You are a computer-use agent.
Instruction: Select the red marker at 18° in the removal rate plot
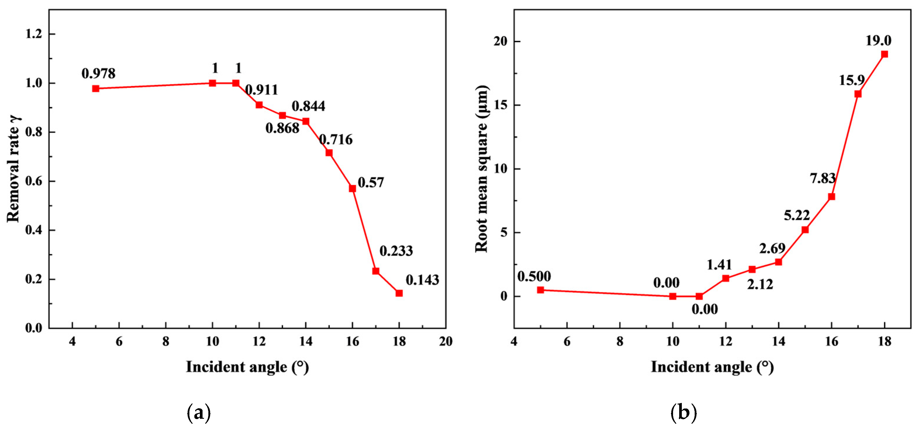coord(399,293)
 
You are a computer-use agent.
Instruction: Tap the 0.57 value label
coord(371,182)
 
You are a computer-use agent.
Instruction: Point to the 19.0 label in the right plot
coord(878,41)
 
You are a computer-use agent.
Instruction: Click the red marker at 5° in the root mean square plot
coord(540,290)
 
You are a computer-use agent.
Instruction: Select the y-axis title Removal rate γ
coord(13,169)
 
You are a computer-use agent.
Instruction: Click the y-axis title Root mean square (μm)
coord(481,169)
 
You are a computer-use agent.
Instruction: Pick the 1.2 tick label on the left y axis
coord(34,34)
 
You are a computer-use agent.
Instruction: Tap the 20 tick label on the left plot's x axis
coord(446,342)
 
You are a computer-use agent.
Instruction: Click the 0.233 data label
coord(396,251)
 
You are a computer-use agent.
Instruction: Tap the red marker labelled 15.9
coord(858,94)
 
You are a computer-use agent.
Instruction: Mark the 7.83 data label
coord(822,178)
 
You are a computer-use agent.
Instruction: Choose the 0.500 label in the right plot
coord(534,276)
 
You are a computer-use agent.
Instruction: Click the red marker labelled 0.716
coord(329,153)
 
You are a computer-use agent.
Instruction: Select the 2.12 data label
coord(760,284)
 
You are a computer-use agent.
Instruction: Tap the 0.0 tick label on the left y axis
coord(34,328)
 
